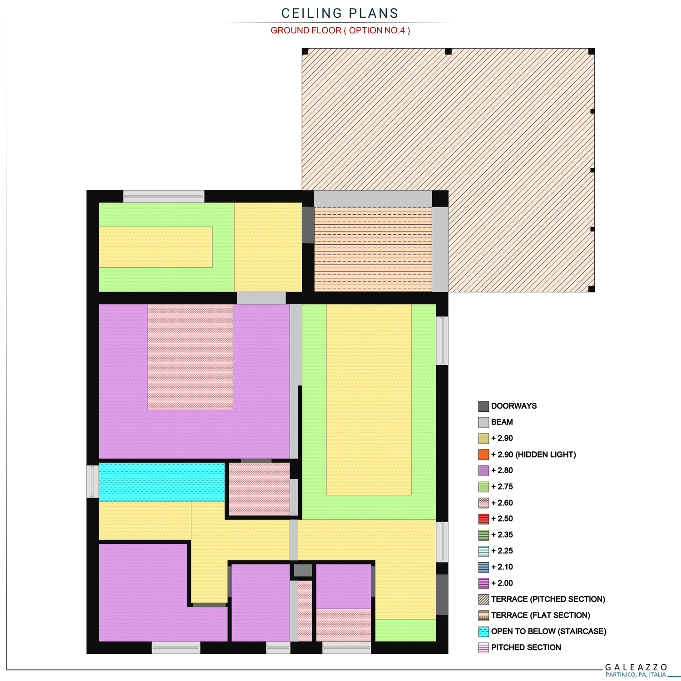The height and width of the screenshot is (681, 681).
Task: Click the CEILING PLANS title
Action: click(x=340, y=13)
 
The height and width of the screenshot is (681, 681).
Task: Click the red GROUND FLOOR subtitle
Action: click(x=340, y=30)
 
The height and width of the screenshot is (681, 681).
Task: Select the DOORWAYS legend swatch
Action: click(x=484, y=406)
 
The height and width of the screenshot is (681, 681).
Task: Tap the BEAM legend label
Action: click(x=502, y=422)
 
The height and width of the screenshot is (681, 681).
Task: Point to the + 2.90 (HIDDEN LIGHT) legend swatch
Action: click(x=484, y=454)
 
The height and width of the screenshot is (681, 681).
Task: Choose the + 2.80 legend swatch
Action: click(x=484, y=470)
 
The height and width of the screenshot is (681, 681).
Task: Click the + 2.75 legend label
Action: click(x=502, y=487)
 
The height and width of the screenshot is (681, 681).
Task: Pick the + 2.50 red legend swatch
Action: click(x=484, y=518)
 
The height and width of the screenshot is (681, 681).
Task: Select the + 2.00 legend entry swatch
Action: click(x=484, y=583)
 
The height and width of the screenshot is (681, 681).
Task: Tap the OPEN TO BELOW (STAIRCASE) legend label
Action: click(x=549, y=632)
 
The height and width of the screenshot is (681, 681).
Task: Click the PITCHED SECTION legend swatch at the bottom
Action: click(x=484, y=647)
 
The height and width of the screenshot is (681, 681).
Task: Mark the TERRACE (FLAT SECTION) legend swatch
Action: click(x=484, y=615)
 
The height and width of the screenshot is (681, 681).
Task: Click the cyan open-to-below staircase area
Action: click(x=162, y=482)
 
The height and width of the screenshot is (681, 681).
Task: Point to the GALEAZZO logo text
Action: click(x=636, y=667)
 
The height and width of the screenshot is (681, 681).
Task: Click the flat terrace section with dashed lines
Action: click(x=373, y=249)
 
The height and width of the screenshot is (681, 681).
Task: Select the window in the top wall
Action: click(x=164, y=197)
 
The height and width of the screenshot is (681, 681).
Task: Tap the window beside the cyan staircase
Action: click(x=93, y=481)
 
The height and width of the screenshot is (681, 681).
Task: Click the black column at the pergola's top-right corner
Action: click(x=591, y=51)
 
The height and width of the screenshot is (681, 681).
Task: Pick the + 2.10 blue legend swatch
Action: click(x=484, y=567)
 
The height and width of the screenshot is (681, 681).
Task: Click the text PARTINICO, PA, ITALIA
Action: click(x=636, y=675)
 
